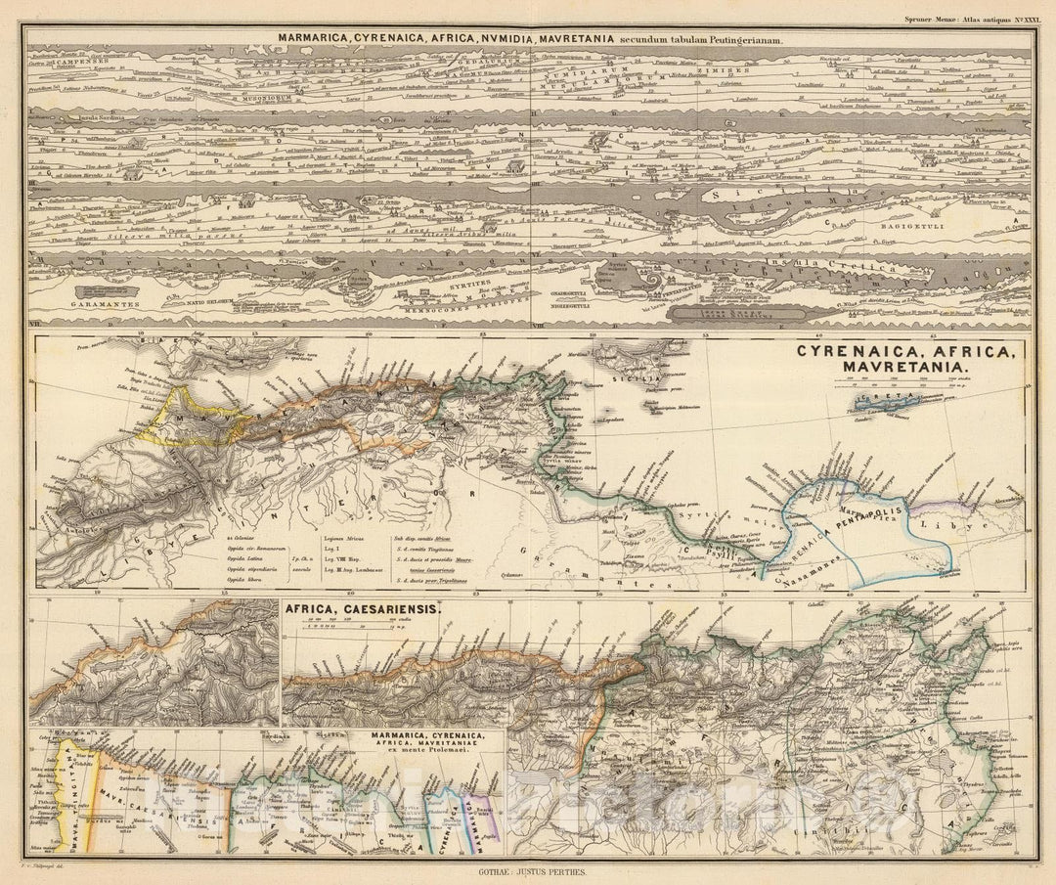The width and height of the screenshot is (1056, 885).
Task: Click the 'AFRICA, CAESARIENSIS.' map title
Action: click(363, 607)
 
